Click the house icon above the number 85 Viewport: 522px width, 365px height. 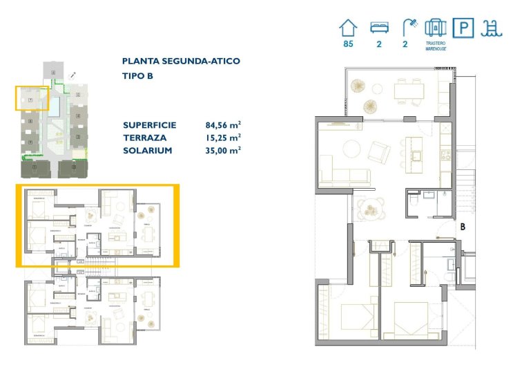[349, 28]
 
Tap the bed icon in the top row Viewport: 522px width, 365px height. [378, 28]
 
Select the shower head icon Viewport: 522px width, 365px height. [410, 28]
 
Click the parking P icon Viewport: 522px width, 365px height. [462, 28]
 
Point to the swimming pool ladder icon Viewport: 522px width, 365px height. [492, 28]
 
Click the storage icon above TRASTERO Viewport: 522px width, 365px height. [436, 28]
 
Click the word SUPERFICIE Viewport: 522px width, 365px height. [149, 125]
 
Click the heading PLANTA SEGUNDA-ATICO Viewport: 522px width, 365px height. [181, 61]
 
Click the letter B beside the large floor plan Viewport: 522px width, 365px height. [463, 225]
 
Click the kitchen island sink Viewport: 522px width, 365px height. [417, 156]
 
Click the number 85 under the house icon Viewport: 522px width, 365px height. [348, 45]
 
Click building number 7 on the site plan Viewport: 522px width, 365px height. [30, 100]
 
